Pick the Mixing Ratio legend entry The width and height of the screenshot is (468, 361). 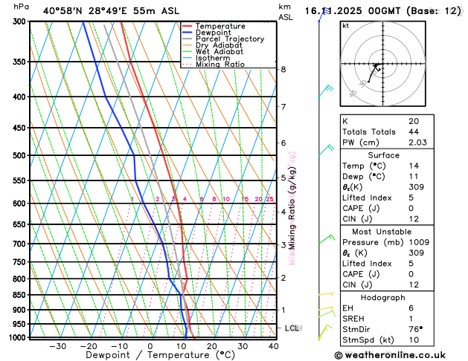pos(222,65)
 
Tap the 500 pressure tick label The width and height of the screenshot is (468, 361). pos(20,155)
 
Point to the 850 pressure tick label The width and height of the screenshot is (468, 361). pos(20,295)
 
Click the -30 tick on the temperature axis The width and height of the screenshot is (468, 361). pos(57,346)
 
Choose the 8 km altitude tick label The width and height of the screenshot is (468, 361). pos(283,69)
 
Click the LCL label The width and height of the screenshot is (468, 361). pos(292,328)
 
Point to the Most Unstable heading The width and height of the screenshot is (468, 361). pos(383,231)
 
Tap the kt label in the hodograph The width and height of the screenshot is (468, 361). pos(346,25)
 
